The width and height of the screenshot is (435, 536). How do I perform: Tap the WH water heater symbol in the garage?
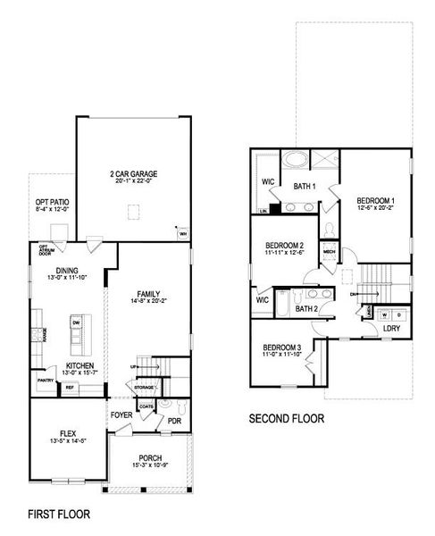pos(183,235)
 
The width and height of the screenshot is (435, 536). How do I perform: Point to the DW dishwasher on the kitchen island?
pos(77,322)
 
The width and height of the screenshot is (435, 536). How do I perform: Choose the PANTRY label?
pos(46,380)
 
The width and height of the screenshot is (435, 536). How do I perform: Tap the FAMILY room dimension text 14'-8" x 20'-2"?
pos(148,302)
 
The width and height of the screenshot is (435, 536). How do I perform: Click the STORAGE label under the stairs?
pos(145,387)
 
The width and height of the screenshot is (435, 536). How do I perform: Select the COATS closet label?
pos(146,406)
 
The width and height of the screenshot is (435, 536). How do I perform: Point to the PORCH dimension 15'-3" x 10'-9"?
pos(150,465)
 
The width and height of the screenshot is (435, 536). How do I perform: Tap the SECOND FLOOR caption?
pos(286,418)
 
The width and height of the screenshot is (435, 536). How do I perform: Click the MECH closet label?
pos(328,253)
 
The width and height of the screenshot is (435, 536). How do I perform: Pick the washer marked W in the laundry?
pos(384,314)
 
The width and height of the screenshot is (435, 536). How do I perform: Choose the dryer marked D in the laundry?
pos(398,314)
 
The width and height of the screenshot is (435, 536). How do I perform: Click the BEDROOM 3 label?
pos(282,348)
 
